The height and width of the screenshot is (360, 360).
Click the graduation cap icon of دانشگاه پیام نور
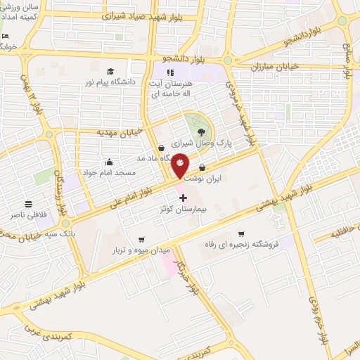point(110,71)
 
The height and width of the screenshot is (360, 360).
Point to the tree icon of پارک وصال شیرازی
point(202,131)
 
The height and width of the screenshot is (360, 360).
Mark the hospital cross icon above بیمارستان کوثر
point(184,198)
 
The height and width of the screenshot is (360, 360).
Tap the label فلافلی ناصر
point(28,213)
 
